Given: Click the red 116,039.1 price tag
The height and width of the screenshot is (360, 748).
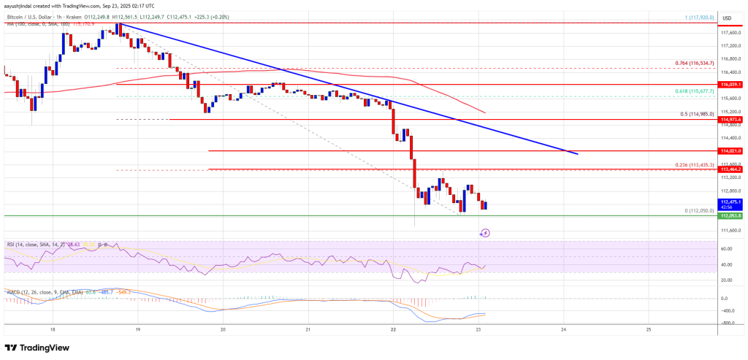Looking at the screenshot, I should (730, 85).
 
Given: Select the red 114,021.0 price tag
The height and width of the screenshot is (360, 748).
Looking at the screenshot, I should (730, 150).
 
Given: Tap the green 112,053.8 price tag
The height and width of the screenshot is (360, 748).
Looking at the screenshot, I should (730, 216).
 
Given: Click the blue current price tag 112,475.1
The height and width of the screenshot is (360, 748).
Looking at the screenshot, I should (730, 202).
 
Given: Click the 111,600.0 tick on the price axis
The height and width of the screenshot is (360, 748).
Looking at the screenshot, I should (730, 231).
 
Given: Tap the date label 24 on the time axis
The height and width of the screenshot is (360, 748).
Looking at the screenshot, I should (564, 330).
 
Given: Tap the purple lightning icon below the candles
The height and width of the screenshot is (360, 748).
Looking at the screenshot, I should (485, 233).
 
